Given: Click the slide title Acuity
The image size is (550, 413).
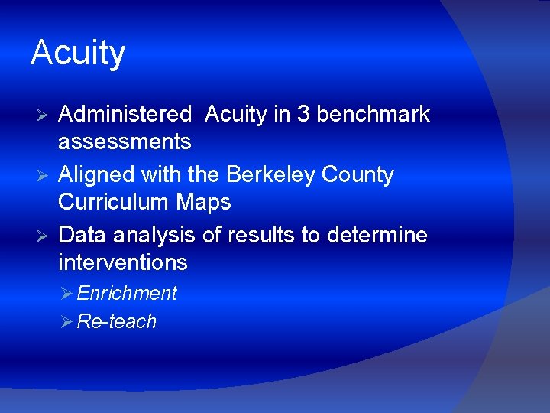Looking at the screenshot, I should [x=78, y=54].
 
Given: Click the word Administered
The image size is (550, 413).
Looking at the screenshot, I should [x=125, y=115].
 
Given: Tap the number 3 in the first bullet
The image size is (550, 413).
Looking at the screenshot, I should [x=303, y=115].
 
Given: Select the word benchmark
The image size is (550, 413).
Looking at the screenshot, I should [x=373, y=115].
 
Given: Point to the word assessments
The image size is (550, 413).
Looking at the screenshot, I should [x=125, y=141].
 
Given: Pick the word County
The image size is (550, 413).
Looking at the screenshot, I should [x=358, y=174].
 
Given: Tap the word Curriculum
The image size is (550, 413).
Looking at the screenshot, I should [x=115, y=202].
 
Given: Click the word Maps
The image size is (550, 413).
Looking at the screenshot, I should [x=205, y=202].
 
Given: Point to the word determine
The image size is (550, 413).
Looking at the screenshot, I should [x=377, y=235].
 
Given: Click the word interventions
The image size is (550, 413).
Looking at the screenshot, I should [x=122, y=262].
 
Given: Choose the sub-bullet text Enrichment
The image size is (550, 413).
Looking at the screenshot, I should [x=127, y=293].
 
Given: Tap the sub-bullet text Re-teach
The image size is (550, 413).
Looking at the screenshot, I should [x=116, y=321].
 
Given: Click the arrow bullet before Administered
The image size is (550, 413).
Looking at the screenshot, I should [x=44, y=115].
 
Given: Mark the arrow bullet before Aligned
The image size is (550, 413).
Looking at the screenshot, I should [x=44, y=175].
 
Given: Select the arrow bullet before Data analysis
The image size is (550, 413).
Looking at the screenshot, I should [x=44, y=236].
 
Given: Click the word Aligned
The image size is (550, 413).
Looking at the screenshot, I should [x=97, y=174].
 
